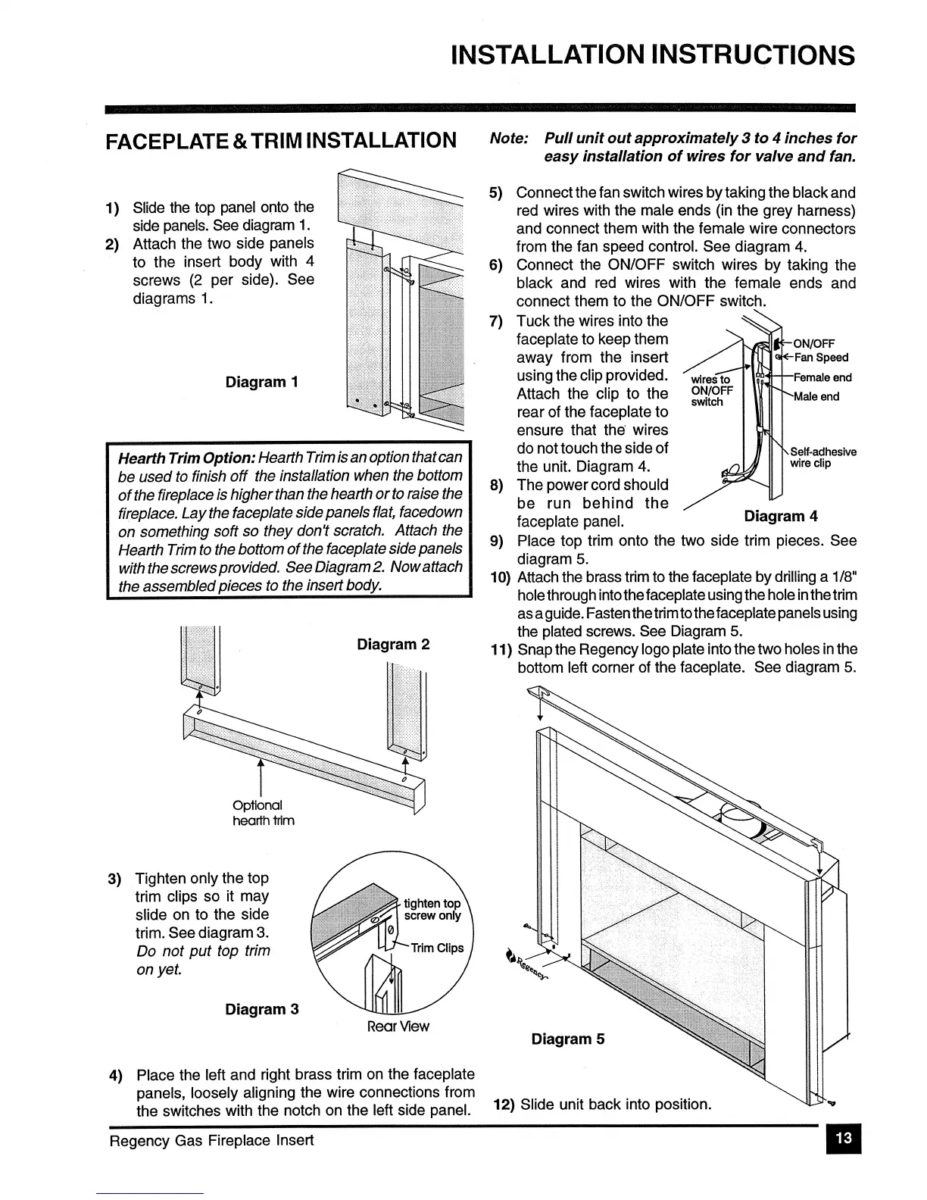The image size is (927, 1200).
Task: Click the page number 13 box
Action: click(x=844, y=1138)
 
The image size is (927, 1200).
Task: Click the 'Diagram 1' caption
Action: click(x=261, y=382)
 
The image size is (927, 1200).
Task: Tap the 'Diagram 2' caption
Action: click(x=393, y=645)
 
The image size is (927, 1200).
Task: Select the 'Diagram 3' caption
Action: click(x=262, y=1009)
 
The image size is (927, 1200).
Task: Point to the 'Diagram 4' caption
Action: click(x=781, y=517)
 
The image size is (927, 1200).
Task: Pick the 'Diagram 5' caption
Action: click(x=568, y=1039)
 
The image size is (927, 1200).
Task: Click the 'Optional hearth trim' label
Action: click(x=264, y=813)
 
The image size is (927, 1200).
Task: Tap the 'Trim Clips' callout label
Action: click(x=437, y=948)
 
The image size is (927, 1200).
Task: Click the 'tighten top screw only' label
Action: click(x=432, y=909)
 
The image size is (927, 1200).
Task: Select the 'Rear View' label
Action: click(x=398, y=1027)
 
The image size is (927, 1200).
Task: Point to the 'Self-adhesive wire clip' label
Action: click(x=823, y=458)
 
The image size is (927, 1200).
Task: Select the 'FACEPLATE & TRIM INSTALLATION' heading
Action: click(x=281, y=141)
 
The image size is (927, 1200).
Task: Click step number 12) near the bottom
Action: click(x=504, y=1105)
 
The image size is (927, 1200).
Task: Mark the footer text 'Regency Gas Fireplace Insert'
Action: click(x=211, y=1139)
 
